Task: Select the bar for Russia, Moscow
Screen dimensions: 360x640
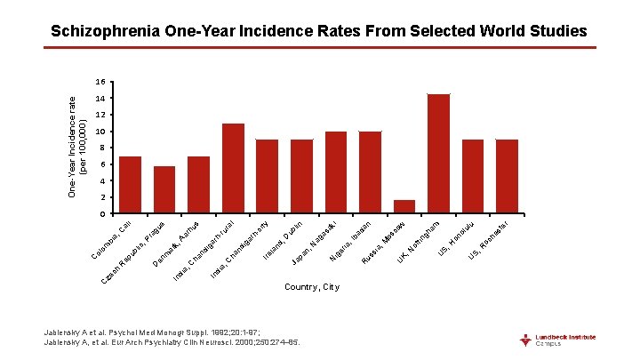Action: (404, 207)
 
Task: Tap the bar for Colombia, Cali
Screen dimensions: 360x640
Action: (130, 185)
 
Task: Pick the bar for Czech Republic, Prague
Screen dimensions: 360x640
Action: (164, 190)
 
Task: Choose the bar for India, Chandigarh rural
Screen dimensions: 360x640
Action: (233, 169)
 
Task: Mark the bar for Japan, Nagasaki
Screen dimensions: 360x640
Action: (336, 172)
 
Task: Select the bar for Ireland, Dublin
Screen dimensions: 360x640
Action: (301, 177)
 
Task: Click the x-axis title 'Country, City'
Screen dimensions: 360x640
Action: (311, 287)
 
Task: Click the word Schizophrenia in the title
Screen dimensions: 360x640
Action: (105, 31)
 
